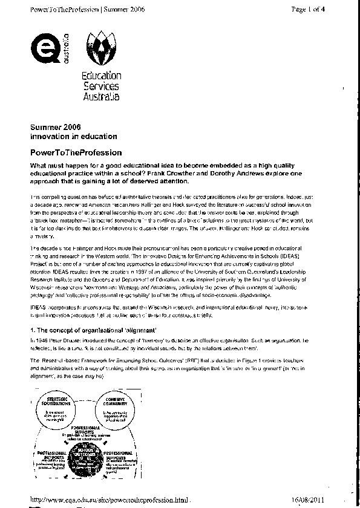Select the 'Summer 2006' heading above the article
[54, 128]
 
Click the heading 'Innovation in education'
[68, 137]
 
